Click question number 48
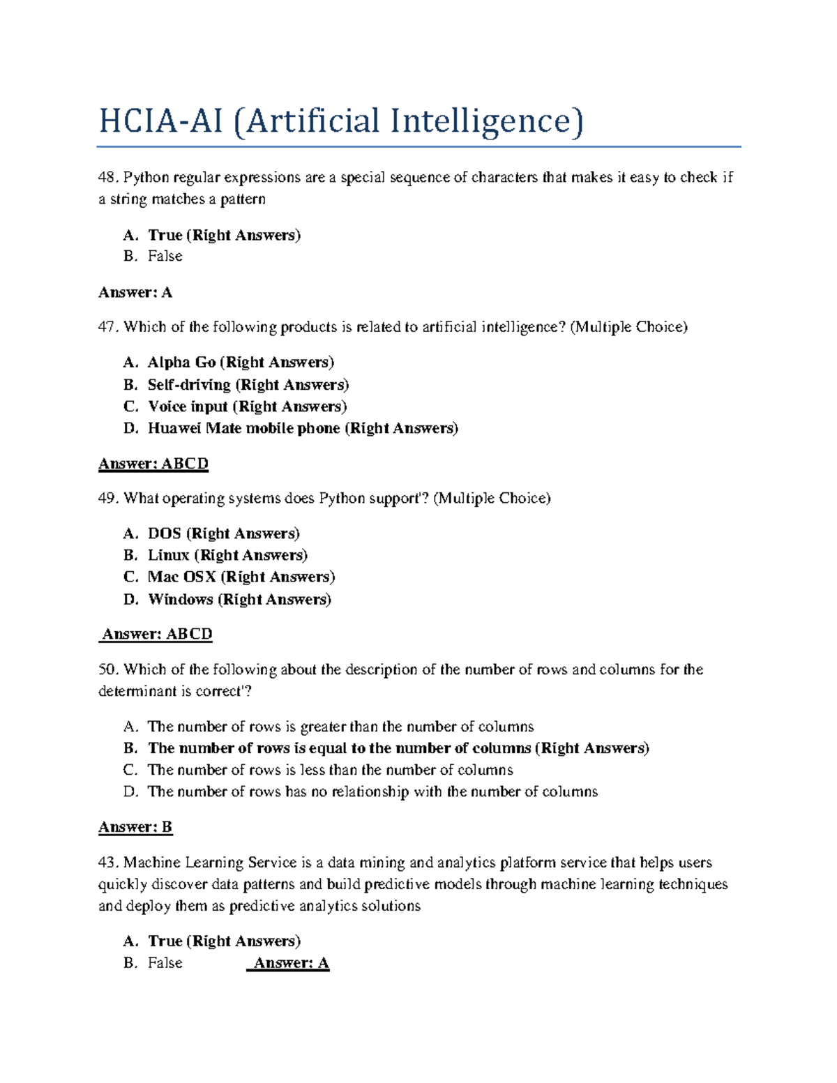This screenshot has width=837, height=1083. (109, 178)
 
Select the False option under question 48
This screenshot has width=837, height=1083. (165, 257)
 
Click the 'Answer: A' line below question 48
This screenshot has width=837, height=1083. (135, 292)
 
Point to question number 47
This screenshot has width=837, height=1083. (109, 327)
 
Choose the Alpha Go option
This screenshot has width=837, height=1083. (181, 363)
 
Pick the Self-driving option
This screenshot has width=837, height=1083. (188, 385)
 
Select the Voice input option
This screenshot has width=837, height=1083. (188, 407)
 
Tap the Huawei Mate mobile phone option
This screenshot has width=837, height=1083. (243, 428)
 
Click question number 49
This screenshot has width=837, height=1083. (109, 499)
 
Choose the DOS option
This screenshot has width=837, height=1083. (164, 534)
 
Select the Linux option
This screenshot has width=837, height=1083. (168, 556)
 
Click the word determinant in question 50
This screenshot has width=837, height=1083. (138, 691)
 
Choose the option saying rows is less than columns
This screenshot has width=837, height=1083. (330, 770)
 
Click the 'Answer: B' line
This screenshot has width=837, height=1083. (135, 827)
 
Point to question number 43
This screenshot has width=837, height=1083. (109, 863)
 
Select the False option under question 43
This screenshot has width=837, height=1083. (165, 963)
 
